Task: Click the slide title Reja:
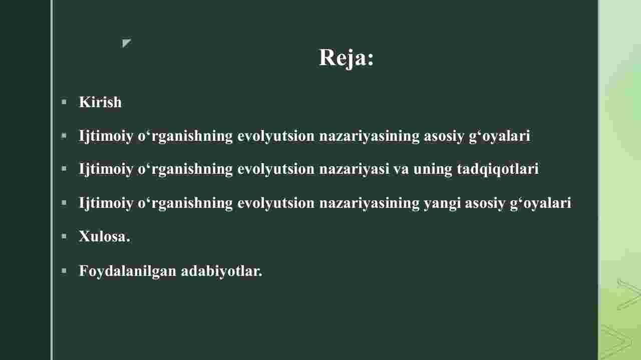click(346, 58)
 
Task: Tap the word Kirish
click(100, 102)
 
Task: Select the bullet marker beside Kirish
click(64, 102)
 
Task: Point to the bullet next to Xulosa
click(64, 236)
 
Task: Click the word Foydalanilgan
click(128, 271)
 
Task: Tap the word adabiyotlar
click(221, 271)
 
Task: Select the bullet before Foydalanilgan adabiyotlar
click(64, 270)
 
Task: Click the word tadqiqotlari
click(498, 169)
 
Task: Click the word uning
click(433, 169)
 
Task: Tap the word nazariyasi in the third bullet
click(354, 169)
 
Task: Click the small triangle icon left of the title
click(126, 43)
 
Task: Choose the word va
click(401, 170)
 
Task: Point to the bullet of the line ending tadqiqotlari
click(64, 169)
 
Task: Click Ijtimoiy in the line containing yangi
click(106, 203)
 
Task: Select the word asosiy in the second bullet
click(444, 136)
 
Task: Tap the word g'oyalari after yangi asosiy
click(540, 203)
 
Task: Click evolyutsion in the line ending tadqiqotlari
click(276, 169)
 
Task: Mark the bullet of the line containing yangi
click(64, 203)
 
